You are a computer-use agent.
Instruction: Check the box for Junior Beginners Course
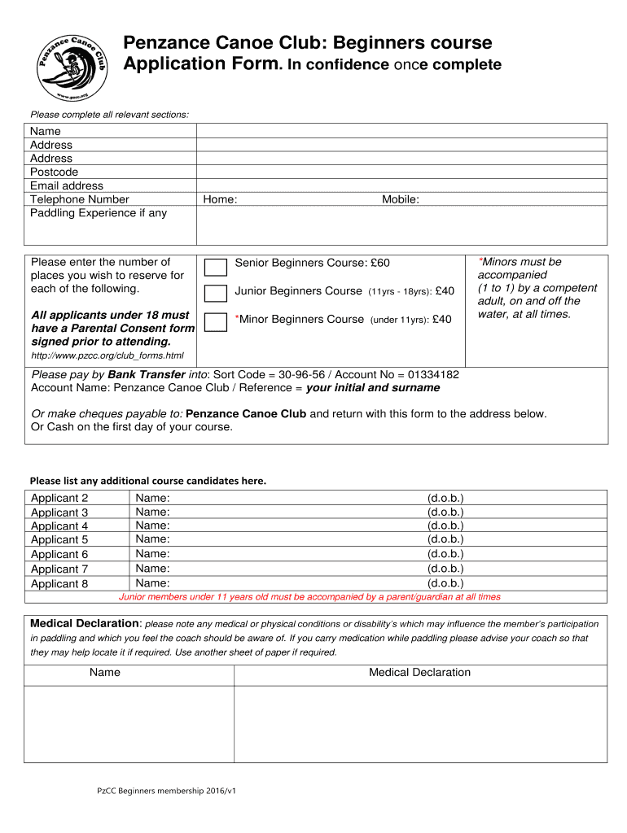point(216,294)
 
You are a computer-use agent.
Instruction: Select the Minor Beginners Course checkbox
point(216,322)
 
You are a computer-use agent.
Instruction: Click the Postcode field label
point(55,172)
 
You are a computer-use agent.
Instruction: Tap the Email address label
point(67,185)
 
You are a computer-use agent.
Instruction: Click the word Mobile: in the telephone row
point(401,199)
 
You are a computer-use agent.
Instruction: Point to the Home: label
point(220,199)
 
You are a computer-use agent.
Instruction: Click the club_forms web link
point(107,355)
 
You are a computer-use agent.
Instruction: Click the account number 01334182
point(433,375)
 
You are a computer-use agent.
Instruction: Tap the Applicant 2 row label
point(59,498)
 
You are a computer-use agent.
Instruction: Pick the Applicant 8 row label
point(59,583)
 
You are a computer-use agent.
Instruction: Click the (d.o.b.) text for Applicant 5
point(445,539)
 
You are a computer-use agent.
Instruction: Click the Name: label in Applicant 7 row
point(153,569)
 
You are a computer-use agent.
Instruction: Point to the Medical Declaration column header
point(419,672)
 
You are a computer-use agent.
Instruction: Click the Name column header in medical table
point(105,672)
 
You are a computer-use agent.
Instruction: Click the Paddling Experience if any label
point(99,213)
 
